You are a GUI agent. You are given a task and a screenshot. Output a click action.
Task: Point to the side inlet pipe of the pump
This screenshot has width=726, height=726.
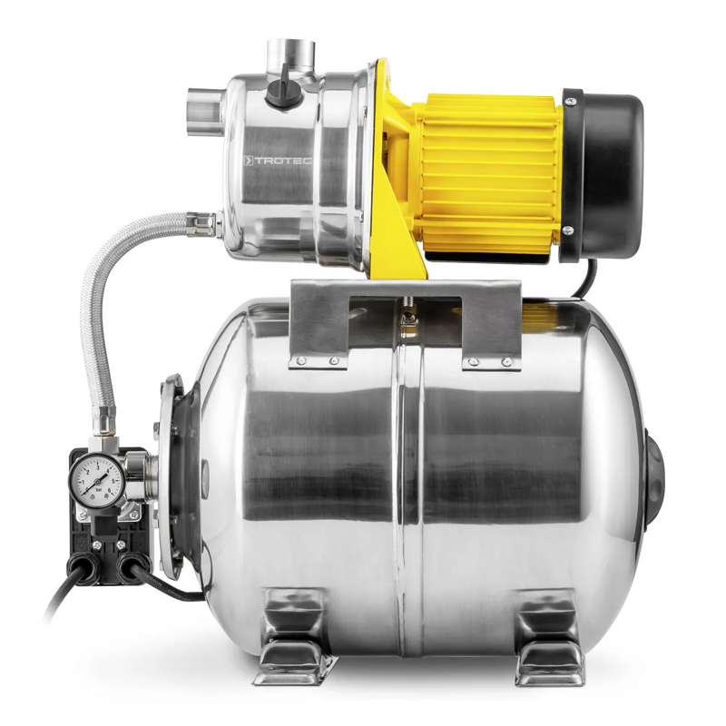point(204,111)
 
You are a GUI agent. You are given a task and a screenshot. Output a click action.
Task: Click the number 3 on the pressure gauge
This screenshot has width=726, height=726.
point(94,462)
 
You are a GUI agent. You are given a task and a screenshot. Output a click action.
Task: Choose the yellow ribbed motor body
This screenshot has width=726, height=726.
point(490,172)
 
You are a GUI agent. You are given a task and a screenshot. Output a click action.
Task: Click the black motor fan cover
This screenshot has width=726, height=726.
point(603,172)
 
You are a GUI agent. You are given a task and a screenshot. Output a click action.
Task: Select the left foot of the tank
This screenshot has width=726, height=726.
point(292,635)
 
